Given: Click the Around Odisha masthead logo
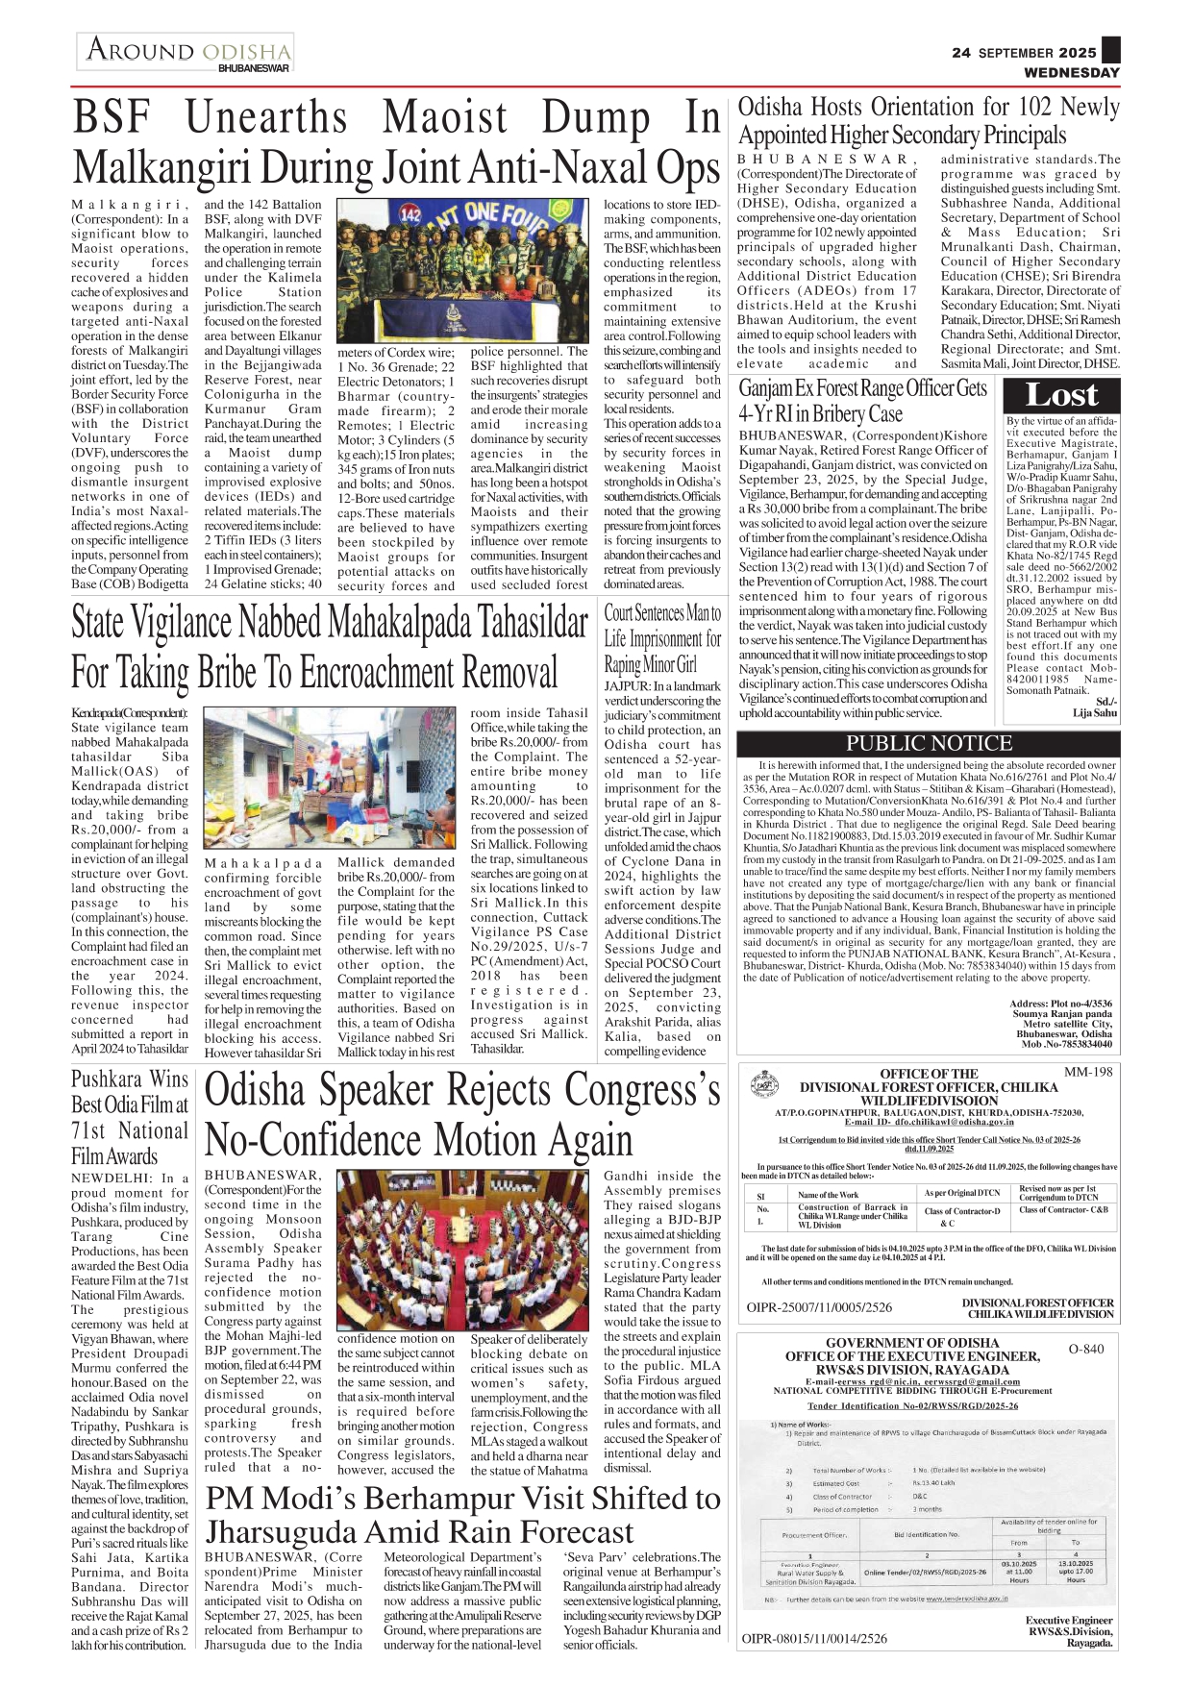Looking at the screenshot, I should pyautogui.click(x=186, y=52).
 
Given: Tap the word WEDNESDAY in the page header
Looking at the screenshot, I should pyautogui.click(x=1071, y=72).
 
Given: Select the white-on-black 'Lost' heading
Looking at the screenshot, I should pyautogui.click(x=1060, y=395).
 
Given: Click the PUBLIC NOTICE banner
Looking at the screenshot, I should pyautogui.click(x=929, y=743).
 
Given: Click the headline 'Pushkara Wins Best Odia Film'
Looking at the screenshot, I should pyautogui.click(x=130, y=1117).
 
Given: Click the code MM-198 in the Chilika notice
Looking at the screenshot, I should pyautogui.click(x=1088, y=1072).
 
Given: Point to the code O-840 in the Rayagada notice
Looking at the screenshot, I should pyautogui.click(x=1086, y=1349).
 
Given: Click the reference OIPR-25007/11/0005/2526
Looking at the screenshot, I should pyautogui.click(x=819, y=1307).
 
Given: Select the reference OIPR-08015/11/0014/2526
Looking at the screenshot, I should pyautogui.click(x=814, y=1638).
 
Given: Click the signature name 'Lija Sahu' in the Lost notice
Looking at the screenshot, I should pyautogui.click(x=1095, y=713).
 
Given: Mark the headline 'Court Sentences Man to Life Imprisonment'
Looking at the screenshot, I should pyautogui.click(x=662, y=638).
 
